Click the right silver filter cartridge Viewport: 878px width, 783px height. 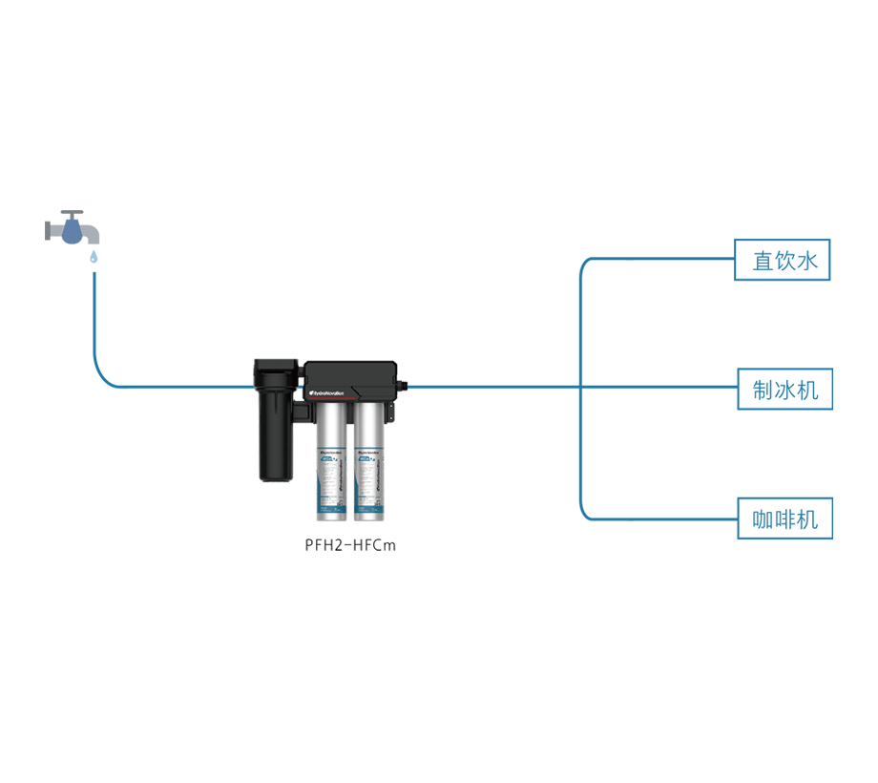click(368, 458)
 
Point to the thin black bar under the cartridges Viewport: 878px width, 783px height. click(324, 549)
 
